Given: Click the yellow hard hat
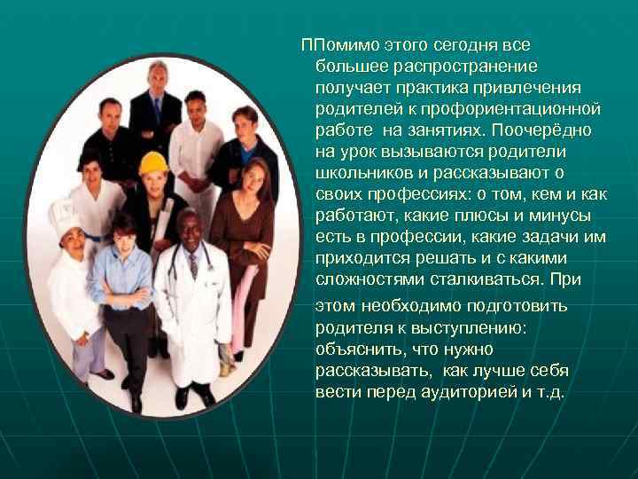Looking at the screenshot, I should click(x=152, y=162).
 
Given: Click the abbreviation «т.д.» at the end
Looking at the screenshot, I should click(x=549, y=391).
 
